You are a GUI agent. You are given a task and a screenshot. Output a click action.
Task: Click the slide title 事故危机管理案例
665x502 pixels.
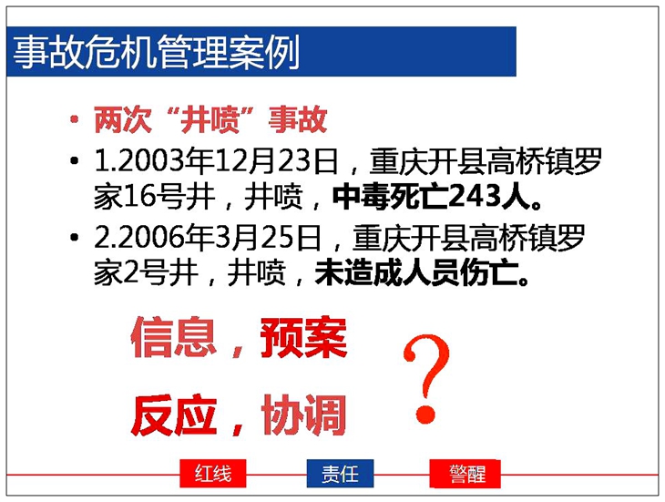click(x=156, y=52)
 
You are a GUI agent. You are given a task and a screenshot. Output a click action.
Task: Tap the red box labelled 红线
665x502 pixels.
click(x=213, y=474)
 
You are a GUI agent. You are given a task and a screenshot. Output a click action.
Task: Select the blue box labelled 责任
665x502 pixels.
click(x=340, y=474)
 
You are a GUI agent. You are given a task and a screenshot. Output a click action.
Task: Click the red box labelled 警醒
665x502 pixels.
click(x=465, y=474)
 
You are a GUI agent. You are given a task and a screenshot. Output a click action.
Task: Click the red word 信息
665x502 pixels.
click(x=173, y=338)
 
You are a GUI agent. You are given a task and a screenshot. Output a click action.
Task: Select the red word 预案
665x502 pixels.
click(x=303, y=338)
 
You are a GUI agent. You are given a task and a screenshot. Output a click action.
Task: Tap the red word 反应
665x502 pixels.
click(x=174, y=415)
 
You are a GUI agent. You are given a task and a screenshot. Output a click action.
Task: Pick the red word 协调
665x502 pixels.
click(x=303, y=415)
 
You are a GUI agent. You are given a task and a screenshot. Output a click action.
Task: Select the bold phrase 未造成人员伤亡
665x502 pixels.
click(x=416, y=273)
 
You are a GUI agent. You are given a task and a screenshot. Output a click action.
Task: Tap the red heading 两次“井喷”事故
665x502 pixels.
click(x=210, y=120)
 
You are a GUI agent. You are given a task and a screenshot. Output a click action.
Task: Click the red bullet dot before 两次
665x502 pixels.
click(x=75, y=119)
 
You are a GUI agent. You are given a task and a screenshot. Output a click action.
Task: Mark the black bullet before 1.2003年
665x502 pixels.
click(x=75, y=161)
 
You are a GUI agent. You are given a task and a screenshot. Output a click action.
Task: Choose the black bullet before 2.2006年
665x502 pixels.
click(x=75, y=238)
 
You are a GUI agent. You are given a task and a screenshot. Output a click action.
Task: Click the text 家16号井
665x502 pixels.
click(x=154, y=197)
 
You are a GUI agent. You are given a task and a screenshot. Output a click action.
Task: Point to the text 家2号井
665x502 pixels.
click(x=146, y=273)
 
